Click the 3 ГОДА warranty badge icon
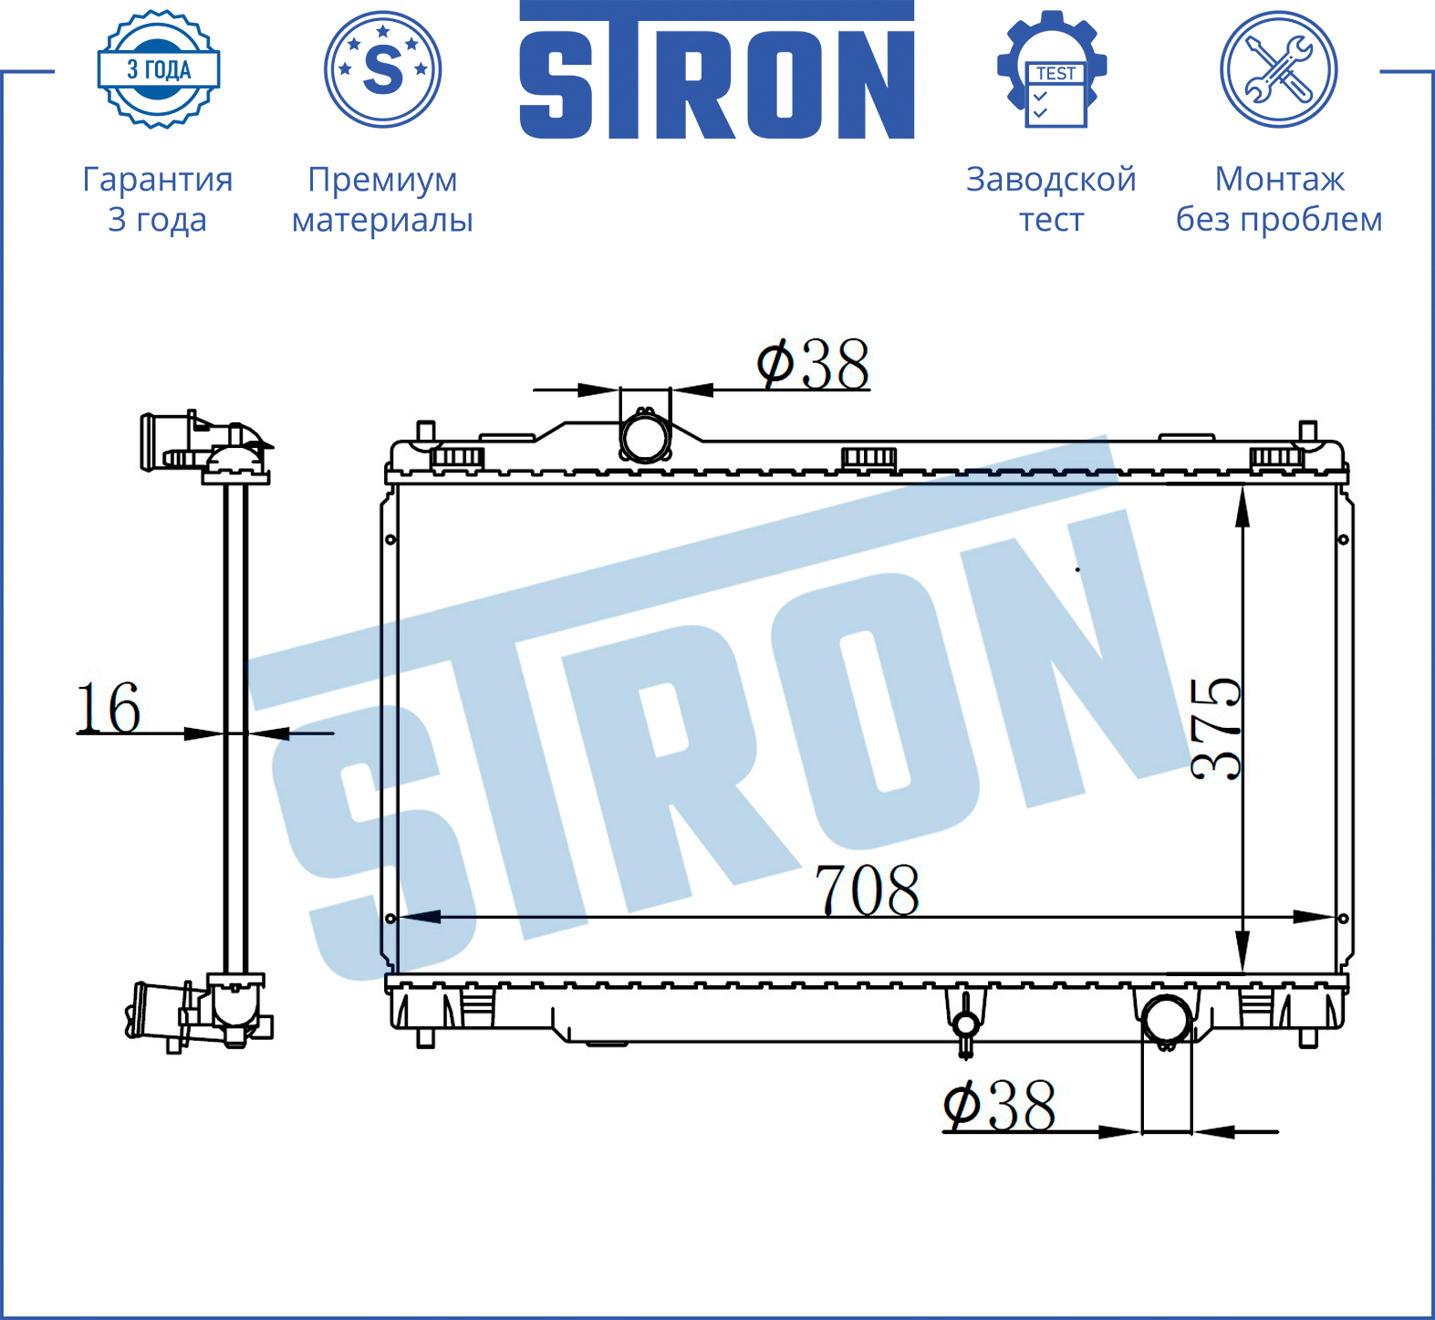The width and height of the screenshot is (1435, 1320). pos(159,69)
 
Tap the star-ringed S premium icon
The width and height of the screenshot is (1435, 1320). pos(383,69)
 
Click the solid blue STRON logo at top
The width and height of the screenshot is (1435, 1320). pos(717,70)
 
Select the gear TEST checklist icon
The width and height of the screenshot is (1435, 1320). pos(1052,69)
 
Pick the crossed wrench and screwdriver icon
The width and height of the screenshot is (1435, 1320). pos(1279,69)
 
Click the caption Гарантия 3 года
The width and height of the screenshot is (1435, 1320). pos(158,199)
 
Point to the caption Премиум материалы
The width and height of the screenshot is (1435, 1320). pos(382,199)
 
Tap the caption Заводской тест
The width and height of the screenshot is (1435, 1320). pos(1051,199)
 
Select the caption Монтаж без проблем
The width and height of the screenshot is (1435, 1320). pos(1279,199)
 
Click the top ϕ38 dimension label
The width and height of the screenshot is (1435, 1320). pos(813,364)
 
